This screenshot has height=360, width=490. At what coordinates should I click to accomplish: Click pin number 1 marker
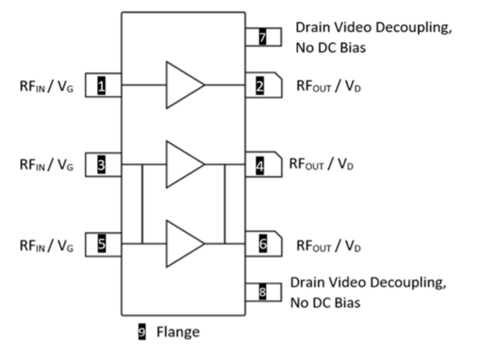click(x=102, y=85)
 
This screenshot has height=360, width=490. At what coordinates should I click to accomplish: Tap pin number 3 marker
click(x=102, y=165)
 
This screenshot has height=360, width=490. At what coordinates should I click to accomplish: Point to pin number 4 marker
click(x=260, y=165)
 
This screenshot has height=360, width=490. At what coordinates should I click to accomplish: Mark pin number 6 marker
click(x=263, y=244)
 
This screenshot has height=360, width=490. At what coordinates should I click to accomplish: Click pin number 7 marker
click(x=263, y=37)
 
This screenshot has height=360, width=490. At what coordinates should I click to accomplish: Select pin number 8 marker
click(x=263, y=292)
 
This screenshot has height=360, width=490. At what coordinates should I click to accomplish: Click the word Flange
click(x=178, y=332)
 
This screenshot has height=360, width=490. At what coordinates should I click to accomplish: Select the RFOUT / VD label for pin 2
click(x=328, y=86)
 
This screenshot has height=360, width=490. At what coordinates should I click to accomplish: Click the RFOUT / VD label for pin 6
click(x=328, y=245)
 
